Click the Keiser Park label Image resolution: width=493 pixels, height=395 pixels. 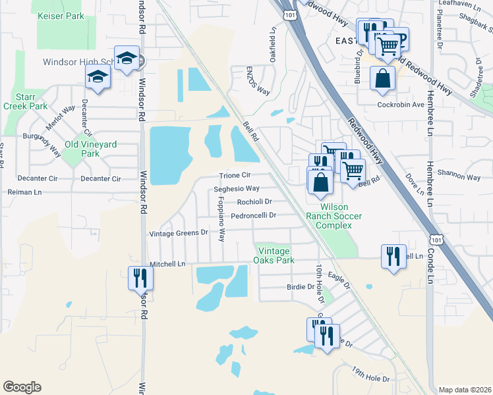click(61, 16)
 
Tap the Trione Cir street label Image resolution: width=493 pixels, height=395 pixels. click(235, 175)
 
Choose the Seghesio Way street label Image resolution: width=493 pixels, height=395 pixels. click(237, 188)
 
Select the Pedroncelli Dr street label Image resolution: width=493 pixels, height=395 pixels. click(252, 215)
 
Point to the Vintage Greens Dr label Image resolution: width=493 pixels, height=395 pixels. click(178, 233)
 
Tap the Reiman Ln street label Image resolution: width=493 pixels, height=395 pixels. click(24, 192)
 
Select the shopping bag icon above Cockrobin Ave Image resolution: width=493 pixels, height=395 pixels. click(382, 78)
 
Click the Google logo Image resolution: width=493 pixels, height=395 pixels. click(22, 386)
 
